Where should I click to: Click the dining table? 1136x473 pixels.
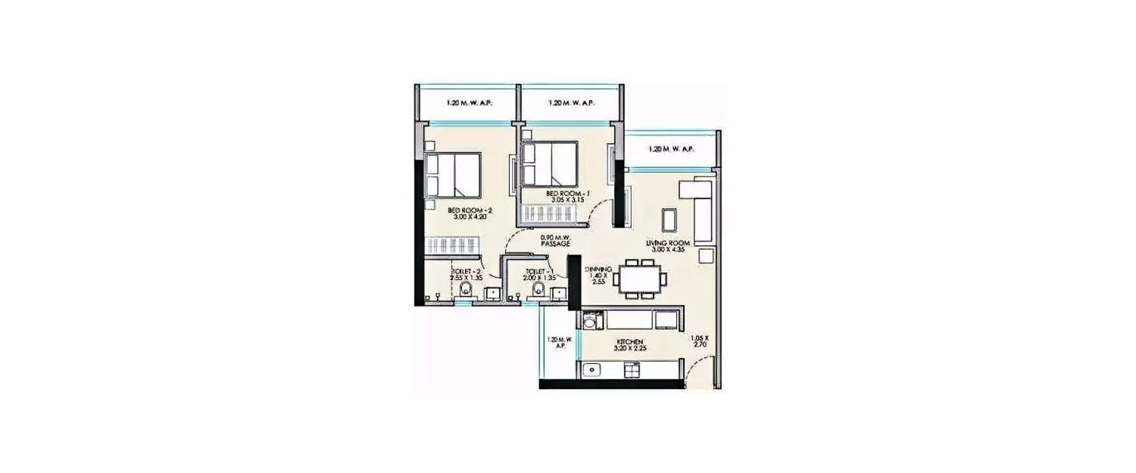641,279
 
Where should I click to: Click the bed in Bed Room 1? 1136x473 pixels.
549,164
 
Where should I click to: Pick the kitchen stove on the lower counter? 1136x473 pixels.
630,370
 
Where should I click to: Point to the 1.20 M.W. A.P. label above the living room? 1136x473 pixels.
670,149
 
